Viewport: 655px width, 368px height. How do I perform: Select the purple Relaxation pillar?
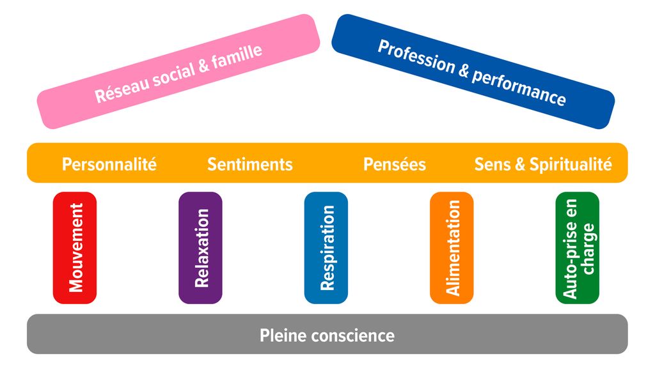pyautogui.click(x=200, y=247)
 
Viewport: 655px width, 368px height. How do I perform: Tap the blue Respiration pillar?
pyautogui.click(x=326, y=247)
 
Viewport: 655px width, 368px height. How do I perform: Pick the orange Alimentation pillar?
pyautogui.click(x=452, y=247)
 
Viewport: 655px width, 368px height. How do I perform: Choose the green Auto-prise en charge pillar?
pyautogui.click(x=578, y=247)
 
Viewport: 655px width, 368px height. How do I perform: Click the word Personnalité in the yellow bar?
pyautogui.click(x=109, y=164)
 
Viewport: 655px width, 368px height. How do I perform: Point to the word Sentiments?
pyautogui.click(x=250, y=164)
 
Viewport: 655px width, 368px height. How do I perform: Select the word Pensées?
pyautogui.click(x=395, y=164)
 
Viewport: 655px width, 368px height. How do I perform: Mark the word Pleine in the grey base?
pyautogui.click(x=281, y=335)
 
